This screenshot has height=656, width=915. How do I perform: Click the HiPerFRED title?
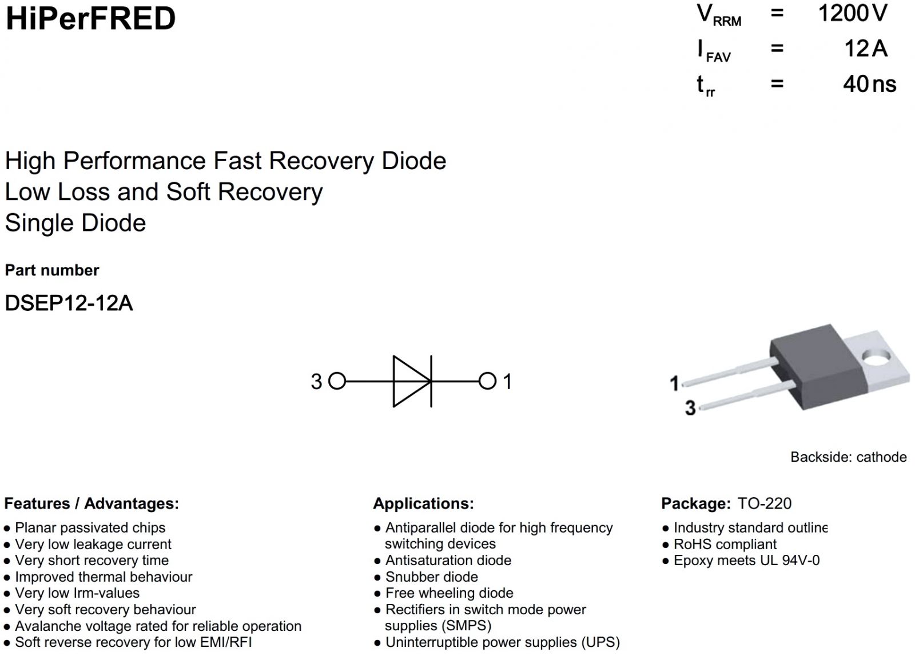[90, 18]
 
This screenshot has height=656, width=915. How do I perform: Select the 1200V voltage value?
[852, 14]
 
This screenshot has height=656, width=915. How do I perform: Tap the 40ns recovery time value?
[869, 84]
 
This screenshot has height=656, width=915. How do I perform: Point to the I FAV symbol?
[713, 50]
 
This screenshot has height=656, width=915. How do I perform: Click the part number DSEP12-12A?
[69, 303]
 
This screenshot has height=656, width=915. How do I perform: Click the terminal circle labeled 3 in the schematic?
[337, 381]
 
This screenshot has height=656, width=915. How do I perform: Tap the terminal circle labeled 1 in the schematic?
[487, 381]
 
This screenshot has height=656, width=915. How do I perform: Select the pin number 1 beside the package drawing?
[675, 383]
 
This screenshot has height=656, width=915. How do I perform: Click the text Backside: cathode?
[848, 457]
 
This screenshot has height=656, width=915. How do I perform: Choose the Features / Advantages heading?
[91, 503]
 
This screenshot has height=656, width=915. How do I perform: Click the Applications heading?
[423, 503]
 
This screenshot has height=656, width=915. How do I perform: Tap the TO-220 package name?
[765, 503]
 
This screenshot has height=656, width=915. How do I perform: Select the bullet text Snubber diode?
[431, 577]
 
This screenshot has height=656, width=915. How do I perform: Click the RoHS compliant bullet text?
[725, 544]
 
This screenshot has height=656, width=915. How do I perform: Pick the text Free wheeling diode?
[449, 593]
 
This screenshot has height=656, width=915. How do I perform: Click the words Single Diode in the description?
[75, 223]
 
